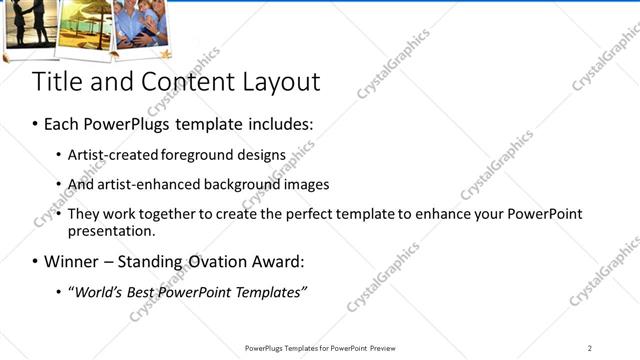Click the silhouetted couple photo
pyautogui.click(x=30, y=22)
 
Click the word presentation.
pyautogui.click(x=111, y=231)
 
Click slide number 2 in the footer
pyautogui.click(x=590, y=348)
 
